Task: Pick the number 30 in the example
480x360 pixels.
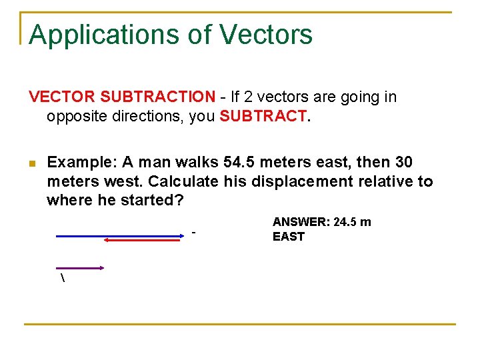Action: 403,163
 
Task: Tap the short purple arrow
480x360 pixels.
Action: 80,267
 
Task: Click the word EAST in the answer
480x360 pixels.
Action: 288,237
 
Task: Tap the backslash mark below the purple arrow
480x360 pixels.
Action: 63,278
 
